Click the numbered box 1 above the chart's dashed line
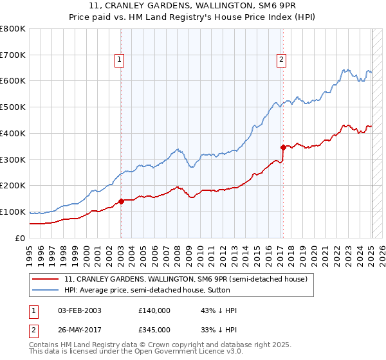click(120, 60)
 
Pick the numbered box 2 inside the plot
click(282, 60)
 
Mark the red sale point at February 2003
click(121, 201)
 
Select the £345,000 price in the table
click(154, 330)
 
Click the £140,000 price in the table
click(154, 310)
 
